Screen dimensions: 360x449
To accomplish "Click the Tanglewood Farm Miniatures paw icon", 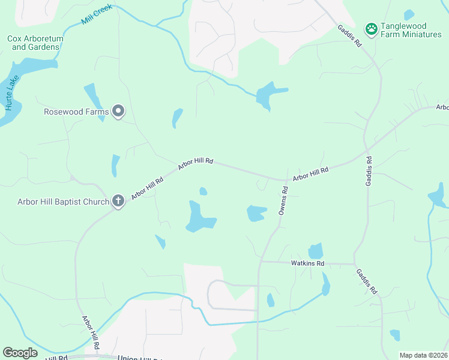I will click(x=372, y=28).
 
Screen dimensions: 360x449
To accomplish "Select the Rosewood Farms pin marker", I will click(x=119, y=111).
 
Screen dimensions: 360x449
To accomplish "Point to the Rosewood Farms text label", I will click(x=76, y=112).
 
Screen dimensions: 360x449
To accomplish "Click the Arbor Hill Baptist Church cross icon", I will click(x=118, y=202).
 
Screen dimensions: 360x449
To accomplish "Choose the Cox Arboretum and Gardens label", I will click(x=35, y=43).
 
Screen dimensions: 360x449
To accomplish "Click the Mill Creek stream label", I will click(x=97, y=17).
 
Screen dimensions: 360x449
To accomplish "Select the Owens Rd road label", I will click(x=284, y=200).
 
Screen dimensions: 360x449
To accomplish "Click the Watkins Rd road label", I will click(x=307, y=263).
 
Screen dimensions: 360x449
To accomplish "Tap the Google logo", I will click(x=20, y=353).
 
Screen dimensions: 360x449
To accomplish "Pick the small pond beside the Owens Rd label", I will click(x=256, y=213).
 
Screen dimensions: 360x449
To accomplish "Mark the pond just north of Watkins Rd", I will click(x=316, y=251).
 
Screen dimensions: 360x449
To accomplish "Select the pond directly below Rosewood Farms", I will click(x=115, y=166).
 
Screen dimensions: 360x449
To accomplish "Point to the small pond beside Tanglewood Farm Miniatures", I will click(x=409, y=14).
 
